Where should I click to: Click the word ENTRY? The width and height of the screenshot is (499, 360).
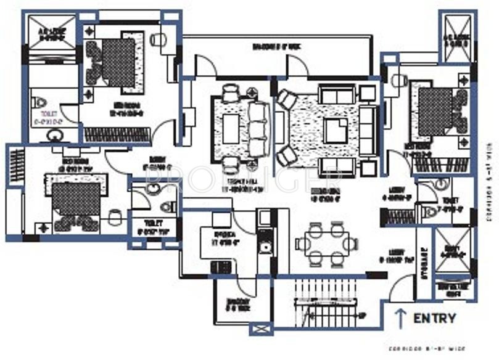435,318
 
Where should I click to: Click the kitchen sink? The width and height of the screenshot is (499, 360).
265,248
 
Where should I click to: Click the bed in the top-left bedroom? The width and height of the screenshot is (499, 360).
118,62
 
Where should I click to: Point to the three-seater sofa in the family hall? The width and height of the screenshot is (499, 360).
258,130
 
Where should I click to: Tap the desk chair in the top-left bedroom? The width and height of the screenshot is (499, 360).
159,39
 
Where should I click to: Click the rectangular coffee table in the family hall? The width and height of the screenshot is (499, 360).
229,129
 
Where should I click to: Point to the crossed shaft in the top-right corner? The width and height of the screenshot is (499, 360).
456,37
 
